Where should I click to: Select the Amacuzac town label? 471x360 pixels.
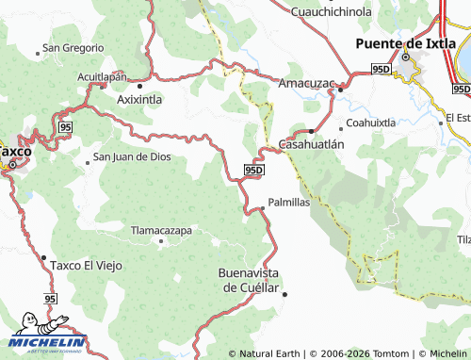coord(307,83)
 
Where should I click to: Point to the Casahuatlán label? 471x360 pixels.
coord(312,144)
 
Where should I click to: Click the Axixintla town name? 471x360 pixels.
coord(138,98)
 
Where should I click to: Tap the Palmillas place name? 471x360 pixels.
coord(288,202)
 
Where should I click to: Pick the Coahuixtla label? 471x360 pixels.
coord(370,123)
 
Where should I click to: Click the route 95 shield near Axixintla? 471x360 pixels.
coord(64,126)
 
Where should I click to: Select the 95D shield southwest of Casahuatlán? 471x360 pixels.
coord(253,169)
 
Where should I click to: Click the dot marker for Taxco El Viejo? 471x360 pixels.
coord(44,256)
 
